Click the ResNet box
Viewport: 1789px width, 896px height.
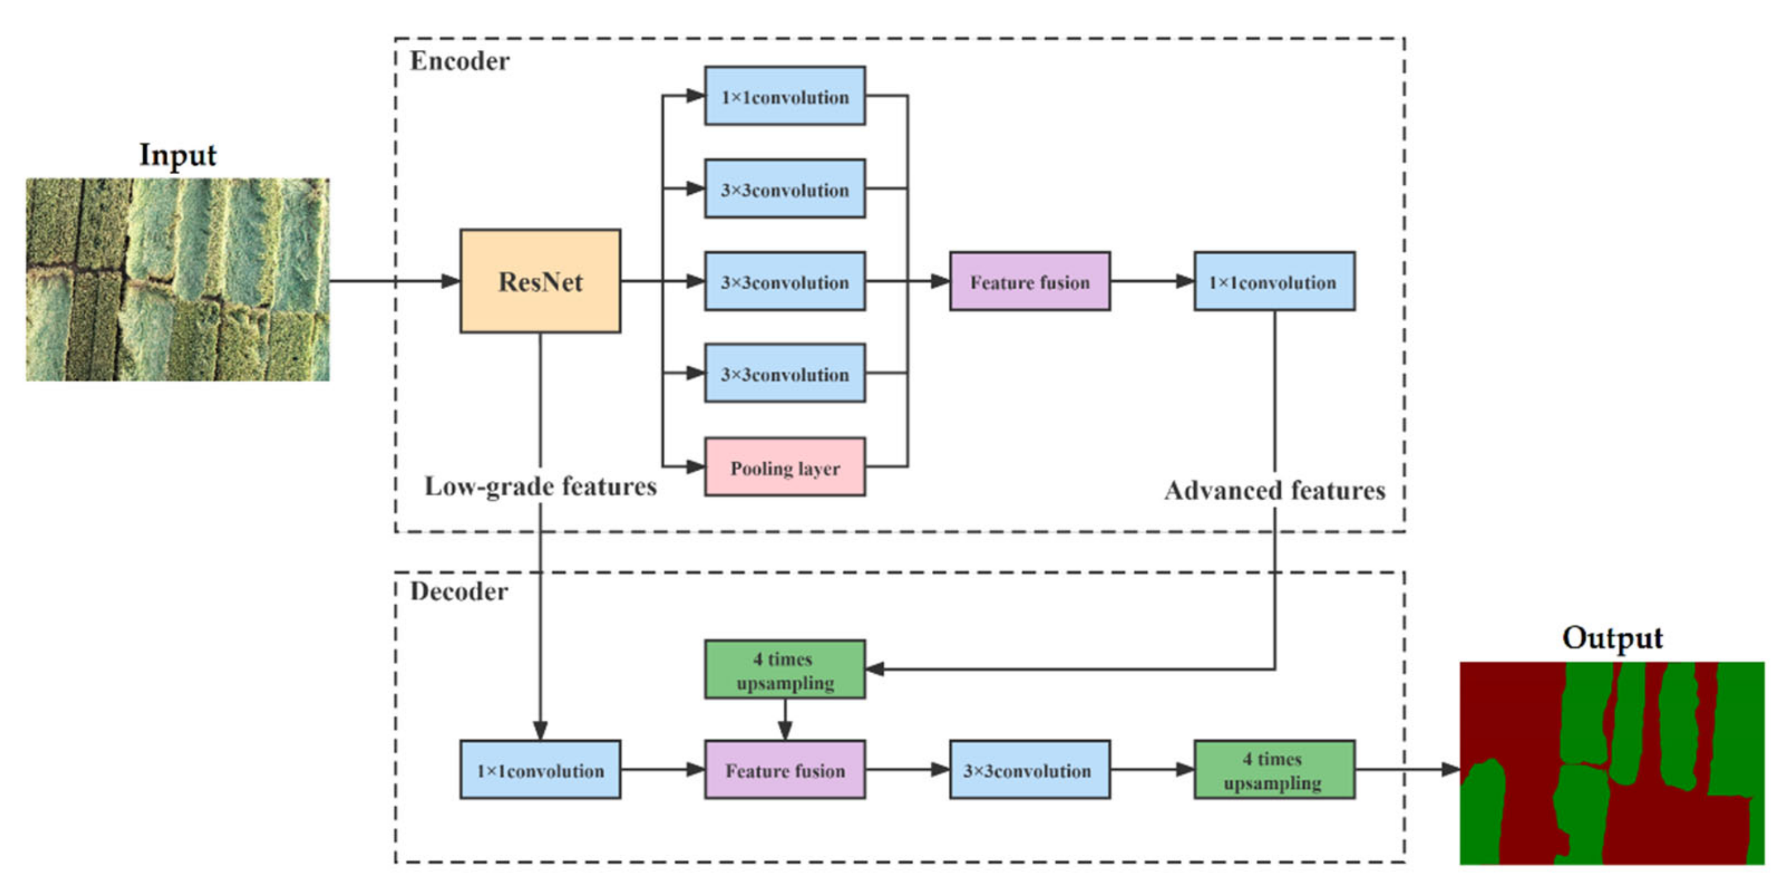540,281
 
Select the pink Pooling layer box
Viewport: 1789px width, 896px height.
785,467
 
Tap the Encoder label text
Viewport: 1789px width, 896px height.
459,61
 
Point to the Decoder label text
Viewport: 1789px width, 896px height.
459,592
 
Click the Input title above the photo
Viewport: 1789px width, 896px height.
178,155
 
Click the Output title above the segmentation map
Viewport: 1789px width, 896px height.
1612,638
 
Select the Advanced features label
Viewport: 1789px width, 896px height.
1275,490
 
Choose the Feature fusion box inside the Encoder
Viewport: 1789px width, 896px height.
1030,281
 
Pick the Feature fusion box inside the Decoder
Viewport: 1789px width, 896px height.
785,770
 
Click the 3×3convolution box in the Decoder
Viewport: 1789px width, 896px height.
1030,770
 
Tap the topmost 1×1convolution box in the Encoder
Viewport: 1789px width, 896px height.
785,96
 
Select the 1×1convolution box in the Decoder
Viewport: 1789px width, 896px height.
540,770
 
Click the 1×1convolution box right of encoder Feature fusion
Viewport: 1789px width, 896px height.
1274,281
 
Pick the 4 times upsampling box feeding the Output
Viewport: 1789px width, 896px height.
1274,770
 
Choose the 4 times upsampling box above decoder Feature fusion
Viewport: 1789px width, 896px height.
785,670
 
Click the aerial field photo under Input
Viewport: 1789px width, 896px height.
178,279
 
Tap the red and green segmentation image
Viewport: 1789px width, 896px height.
1612,763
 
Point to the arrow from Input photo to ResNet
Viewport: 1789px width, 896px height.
395,281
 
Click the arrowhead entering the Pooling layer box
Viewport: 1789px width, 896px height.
695,467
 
